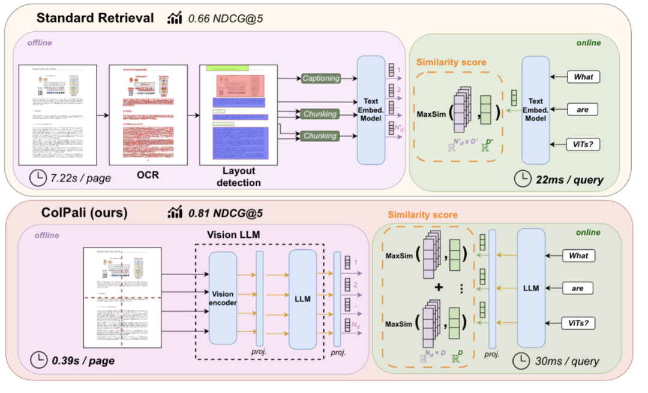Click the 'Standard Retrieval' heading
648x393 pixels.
click(x=95, y=17)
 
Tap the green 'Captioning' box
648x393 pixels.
click(x=320, y=78)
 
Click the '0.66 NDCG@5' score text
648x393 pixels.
click(x=225, y=19)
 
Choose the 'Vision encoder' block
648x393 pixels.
click(x=223, y=298)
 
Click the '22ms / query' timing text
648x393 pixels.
click(x=570, y=179)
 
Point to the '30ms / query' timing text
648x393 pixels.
click(x=567, y=361)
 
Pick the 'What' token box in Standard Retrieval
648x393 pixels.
click(x=583, y=77)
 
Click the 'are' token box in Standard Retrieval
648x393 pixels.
click(x=583, y=110)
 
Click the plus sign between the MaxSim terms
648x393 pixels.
click(x=439, y=288)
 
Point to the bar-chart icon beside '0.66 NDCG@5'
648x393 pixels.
click(x=175, y=19)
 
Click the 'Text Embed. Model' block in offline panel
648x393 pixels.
click(x=371, y=110)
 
